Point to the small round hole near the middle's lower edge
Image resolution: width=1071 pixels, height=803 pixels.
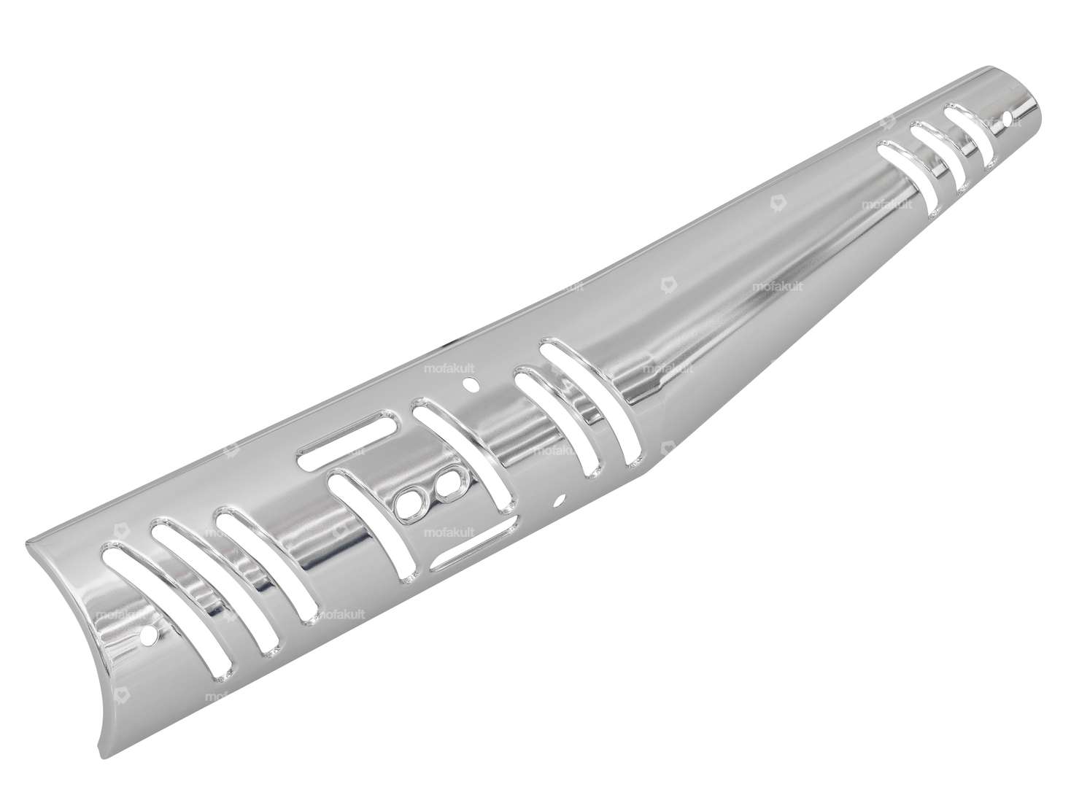click(x=560, y=500)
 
